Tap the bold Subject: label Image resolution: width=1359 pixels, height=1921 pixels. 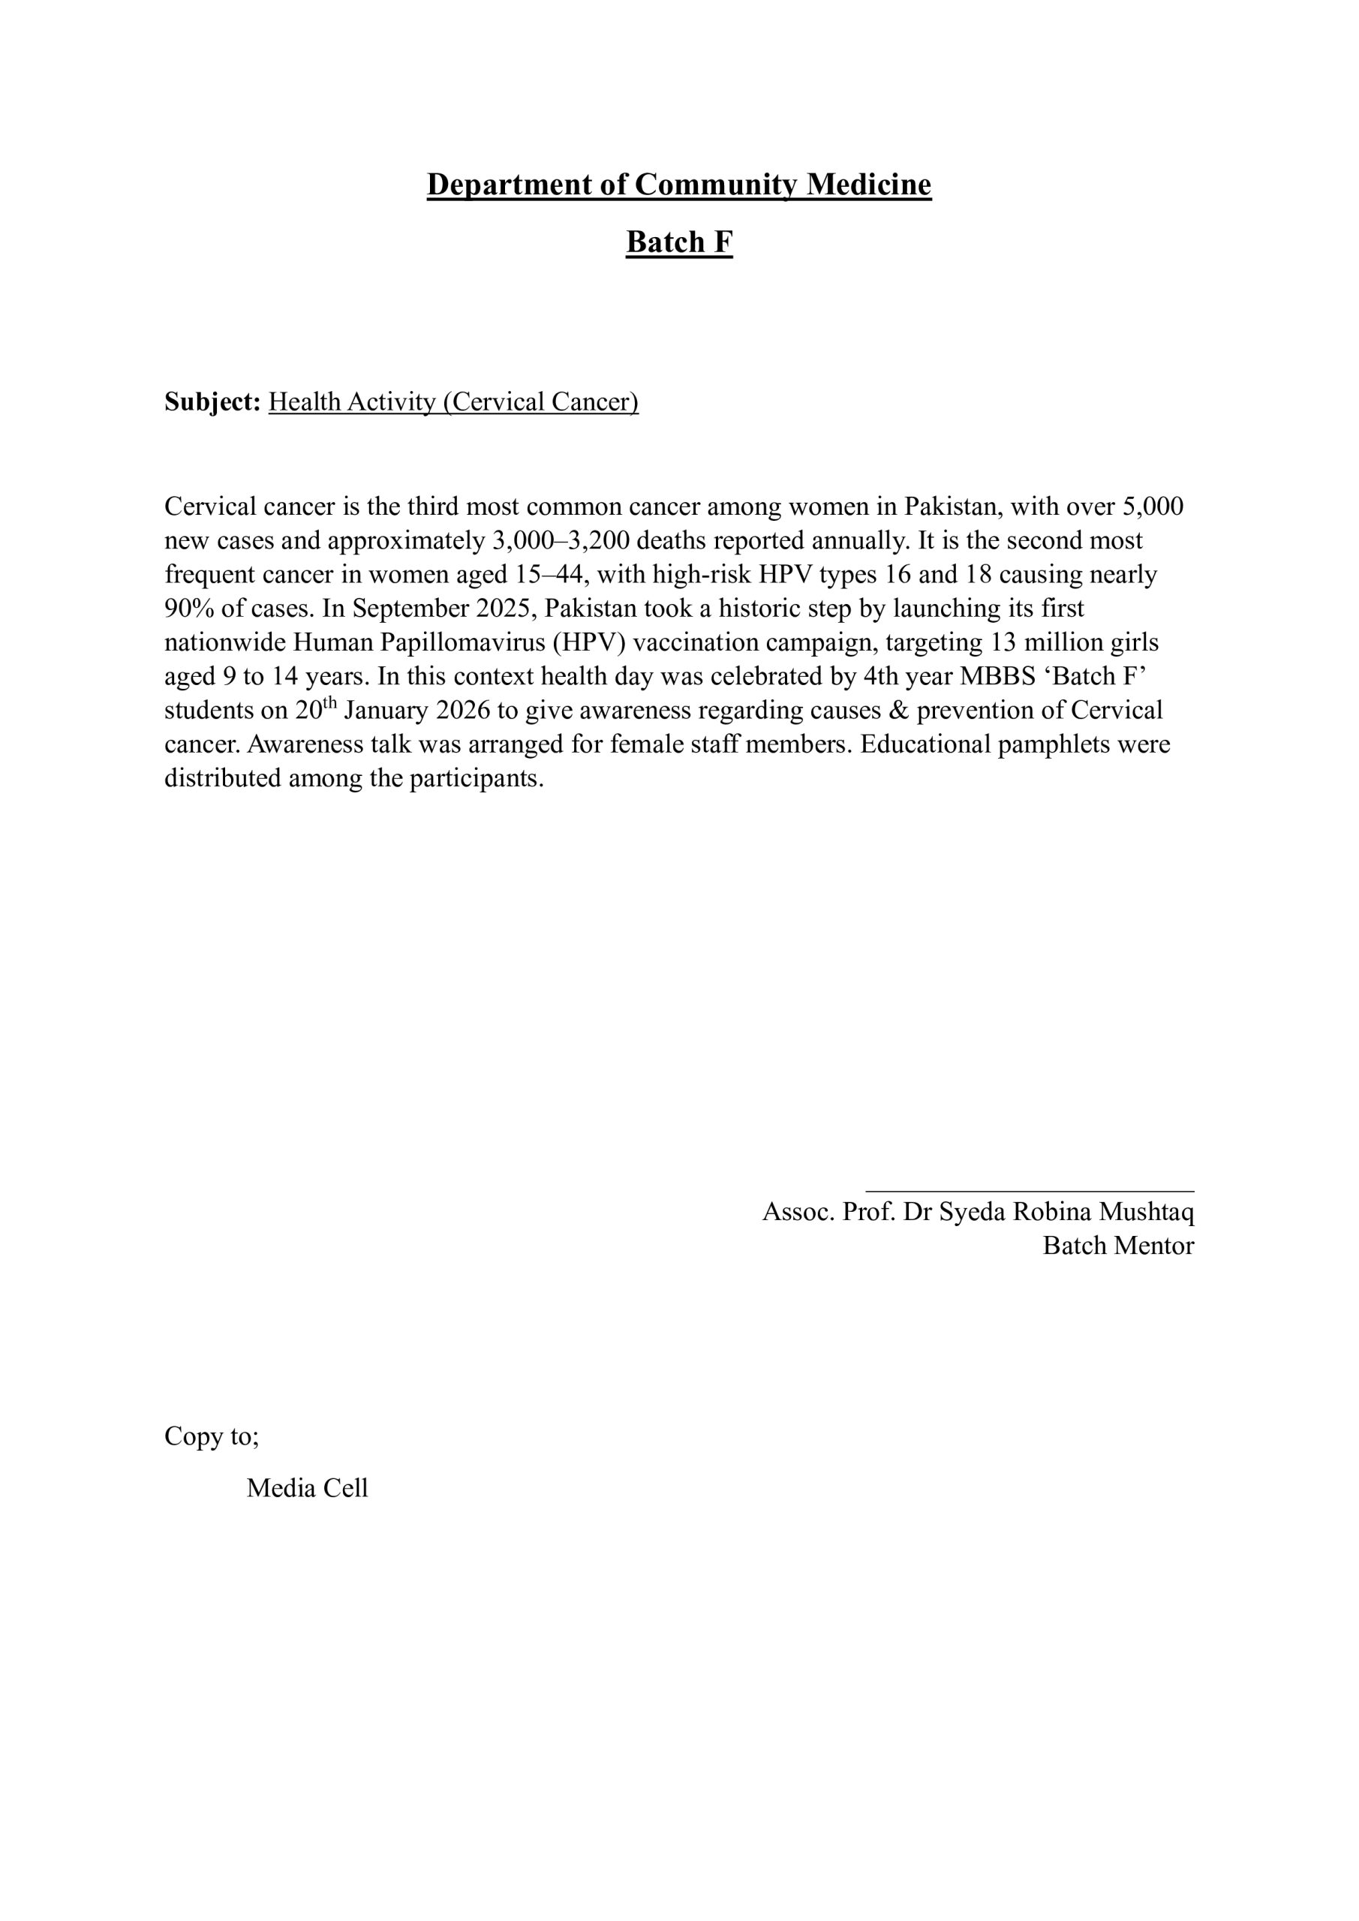click(x=212, y=402)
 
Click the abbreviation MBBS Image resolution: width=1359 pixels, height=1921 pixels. click(x=997, y=677)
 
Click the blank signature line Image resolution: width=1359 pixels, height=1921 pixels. click(x=1030, y=1190)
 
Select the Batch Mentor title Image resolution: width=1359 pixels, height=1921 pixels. click(x=1118, y=1246)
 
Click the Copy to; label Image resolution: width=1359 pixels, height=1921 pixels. click(x=212, y=1436)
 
